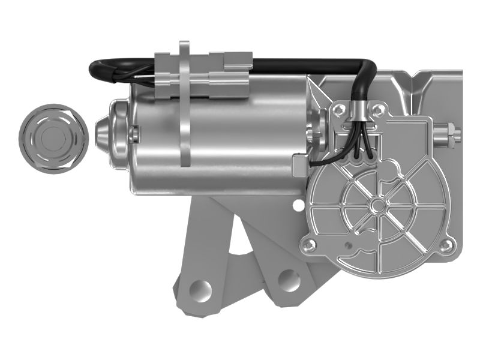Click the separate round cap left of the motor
click(x=53, y=137)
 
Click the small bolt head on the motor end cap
click(x=134, y=133)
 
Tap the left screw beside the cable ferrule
click(x=338, y=109)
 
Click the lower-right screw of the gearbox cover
click(x=444, y=245)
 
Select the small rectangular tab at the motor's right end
click(x=298, y=163)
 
